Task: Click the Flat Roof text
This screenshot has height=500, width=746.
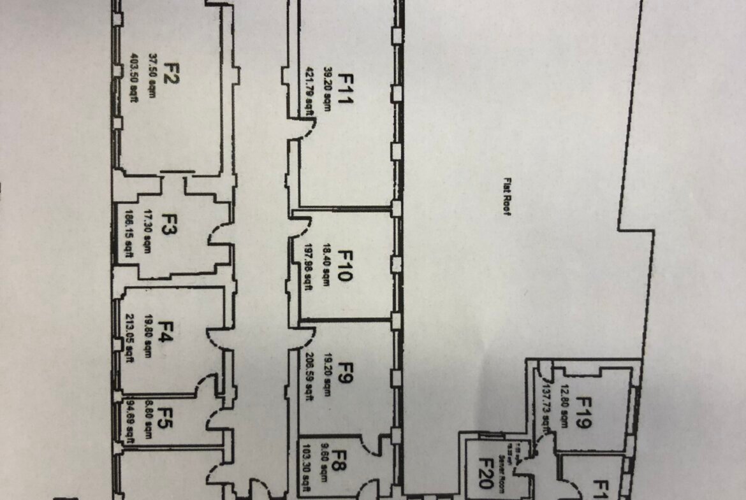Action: point(508,197)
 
